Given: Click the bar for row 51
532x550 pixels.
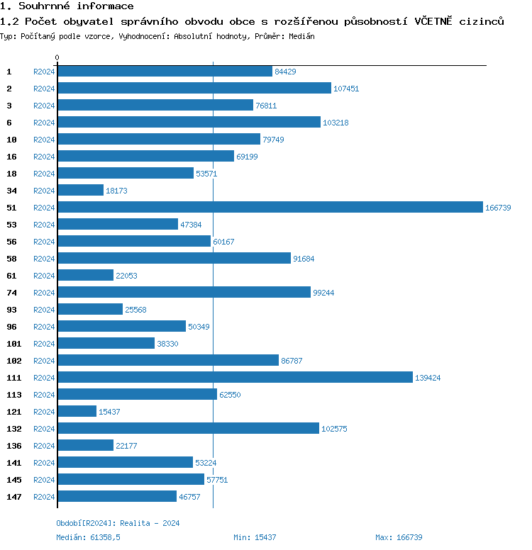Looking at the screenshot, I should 270,207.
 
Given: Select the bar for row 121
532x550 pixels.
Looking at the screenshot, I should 77,411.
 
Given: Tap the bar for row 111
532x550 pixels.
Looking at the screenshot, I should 235,377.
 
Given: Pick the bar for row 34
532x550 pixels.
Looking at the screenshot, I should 80,190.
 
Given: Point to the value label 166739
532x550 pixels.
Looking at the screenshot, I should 498,208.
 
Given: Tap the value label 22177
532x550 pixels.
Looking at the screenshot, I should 126,446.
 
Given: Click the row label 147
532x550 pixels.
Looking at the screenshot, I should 13,497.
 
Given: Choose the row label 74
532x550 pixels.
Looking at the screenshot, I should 11,293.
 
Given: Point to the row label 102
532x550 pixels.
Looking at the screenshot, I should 13,361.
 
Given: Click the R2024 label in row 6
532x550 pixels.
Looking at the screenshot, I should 44,123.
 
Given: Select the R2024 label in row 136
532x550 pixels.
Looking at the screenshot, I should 44,446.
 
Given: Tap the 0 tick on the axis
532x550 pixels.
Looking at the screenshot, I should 57,57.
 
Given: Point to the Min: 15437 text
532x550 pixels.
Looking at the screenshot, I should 255,537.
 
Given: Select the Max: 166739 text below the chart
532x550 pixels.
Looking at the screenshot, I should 399,537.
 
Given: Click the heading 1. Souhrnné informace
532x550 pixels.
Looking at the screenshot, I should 67,6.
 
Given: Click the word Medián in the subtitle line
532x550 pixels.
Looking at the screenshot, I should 302,35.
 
